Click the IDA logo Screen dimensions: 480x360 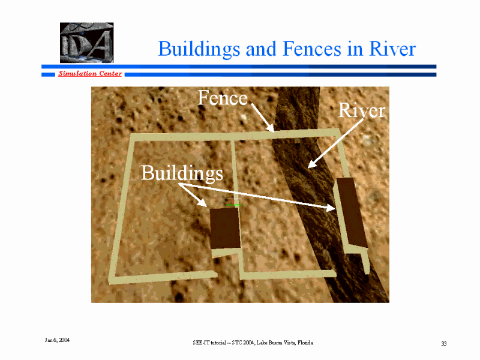pyautogui.click(x=86, y=43)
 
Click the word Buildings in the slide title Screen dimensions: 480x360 pyautogui.click(x=199, y=49)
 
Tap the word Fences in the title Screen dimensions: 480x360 pyautogui.click(x=311, y=49)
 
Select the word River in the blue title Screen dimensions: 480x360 pyautogui.click(x=392, y=49)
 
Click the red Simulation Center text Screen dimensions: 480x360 pyautogui.click(x=90, y=73)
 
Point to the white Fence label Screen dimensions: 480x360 pyautogui.click(x=223, y=98)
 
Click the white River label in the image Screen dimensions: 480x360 pyautogui.click(x=362, y=110)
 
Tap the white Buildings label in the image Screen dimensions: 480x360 pyautogui.click(x=182, y=173)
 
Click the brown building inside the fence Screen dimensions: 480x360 pyautogui.click(x=225, y=228)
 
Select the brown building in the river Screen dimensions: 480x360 pyautogui.click(x=352, y=212)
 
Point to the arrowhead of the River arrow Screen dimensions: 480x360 pyautogui.click(x=311, y=164)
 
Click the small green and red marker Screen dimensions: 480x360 pyautogui.click(x=233, y=203)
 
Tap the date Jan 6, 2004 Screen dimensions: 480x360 pyautogui.click(x=57, y=340)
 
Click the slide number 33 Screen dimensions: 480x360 pyautogui.click(x=444, y=343)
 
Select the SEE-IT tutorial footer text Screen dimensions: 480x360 pyautogui.click(x=253, y=343)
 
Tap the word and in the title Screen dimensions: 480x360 pyautogui.click(x=261, y=49)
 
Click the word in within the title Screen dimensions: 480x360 pyautogui.click(x=355, y=49)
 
